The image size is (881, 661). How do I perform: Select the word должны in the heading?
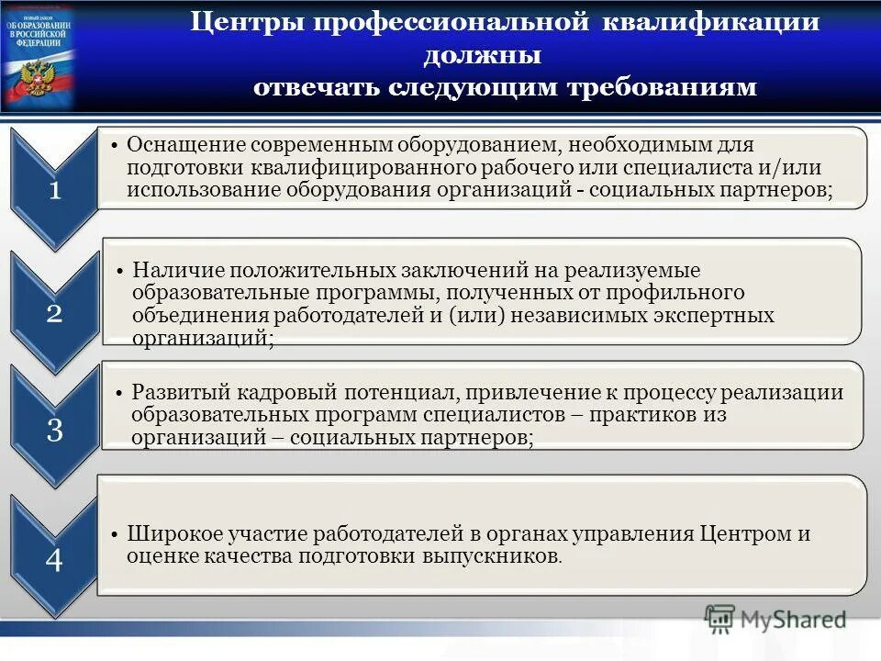(x=481, y=55)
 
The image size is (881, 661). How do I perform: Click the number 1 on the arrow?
(x=55, y=191)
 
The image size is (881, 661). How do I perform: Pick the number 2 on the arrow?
(x=55, y=314)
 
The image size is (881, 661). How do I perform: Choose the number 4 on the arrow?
(x=55, y=560)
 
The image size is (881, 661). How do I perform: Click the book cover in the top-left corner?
(x=39, y=55)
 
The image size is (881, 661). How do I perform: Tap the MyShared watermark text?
(x=794, y=620)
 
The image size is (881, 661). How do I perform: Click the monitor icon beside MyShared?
(x=720, y=619)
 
